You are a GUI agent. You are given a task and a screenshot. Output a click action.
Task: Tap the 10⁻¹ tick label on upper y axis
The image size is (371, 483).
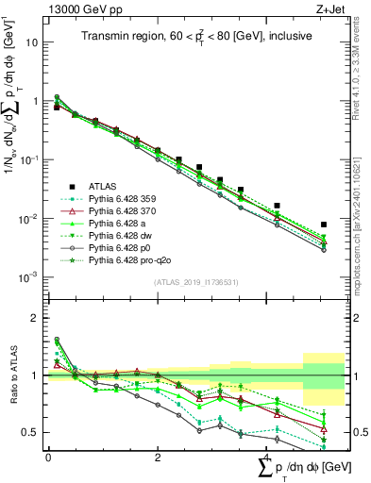(30, 159)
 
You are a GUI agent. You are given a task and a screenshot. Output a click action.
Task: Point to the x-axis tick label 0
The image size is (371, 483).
(48, 458)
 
